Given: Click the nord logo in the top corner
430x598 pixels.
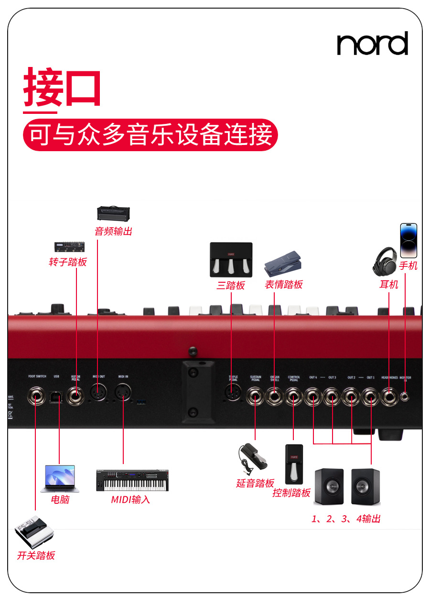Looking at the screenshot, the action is (x=372, y=44).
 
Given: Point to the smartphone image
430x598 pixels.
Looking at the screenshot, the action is (x=408, y=241).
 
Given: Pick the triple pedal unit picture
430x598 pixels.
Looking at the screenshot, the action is (x=231, y=260).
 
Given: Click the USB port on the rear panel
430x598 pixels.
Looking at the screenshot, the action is (x=57, y=397).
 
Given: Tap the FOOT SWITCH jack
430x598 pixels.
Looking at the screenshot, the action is (x=36, y=397).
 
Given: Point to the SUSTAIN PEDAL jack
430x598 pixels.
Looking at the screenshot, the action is (x=255, y=397).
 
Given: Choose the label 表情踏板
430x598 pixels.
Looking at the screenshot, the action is (x=284, y=285).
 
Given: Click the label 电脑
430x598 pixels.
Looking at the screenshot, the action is (x=60, y=499).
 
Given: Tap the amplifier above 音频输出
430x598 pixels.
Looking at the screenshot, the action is (x=113, y=213).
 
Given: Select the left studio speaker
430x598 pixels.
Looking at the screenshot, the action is (x=328, y=487).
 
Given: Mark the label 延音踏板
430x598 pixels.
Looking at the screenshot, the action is (x=255, y=483).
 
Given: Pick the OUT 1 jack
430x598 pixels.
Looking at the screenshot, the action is (x=370, y=397).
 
